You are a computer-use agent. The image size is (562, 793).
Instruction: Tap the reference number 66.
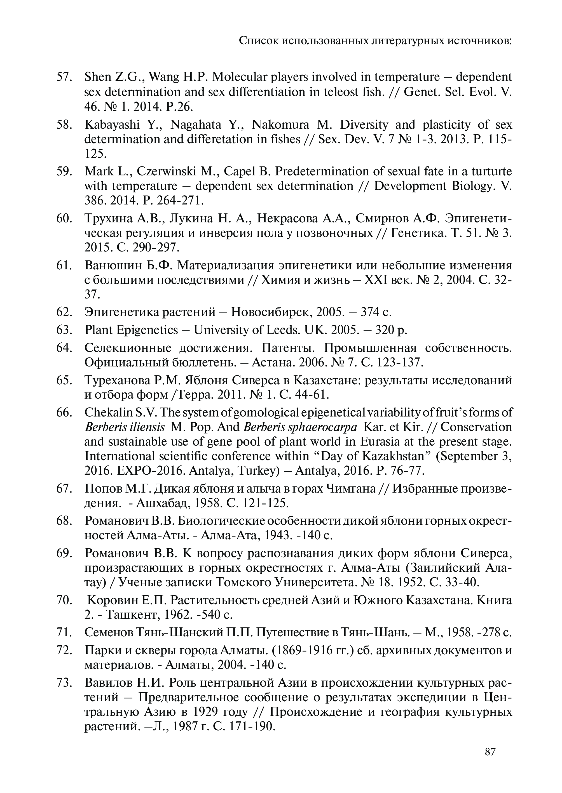(x=63, y=413)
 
